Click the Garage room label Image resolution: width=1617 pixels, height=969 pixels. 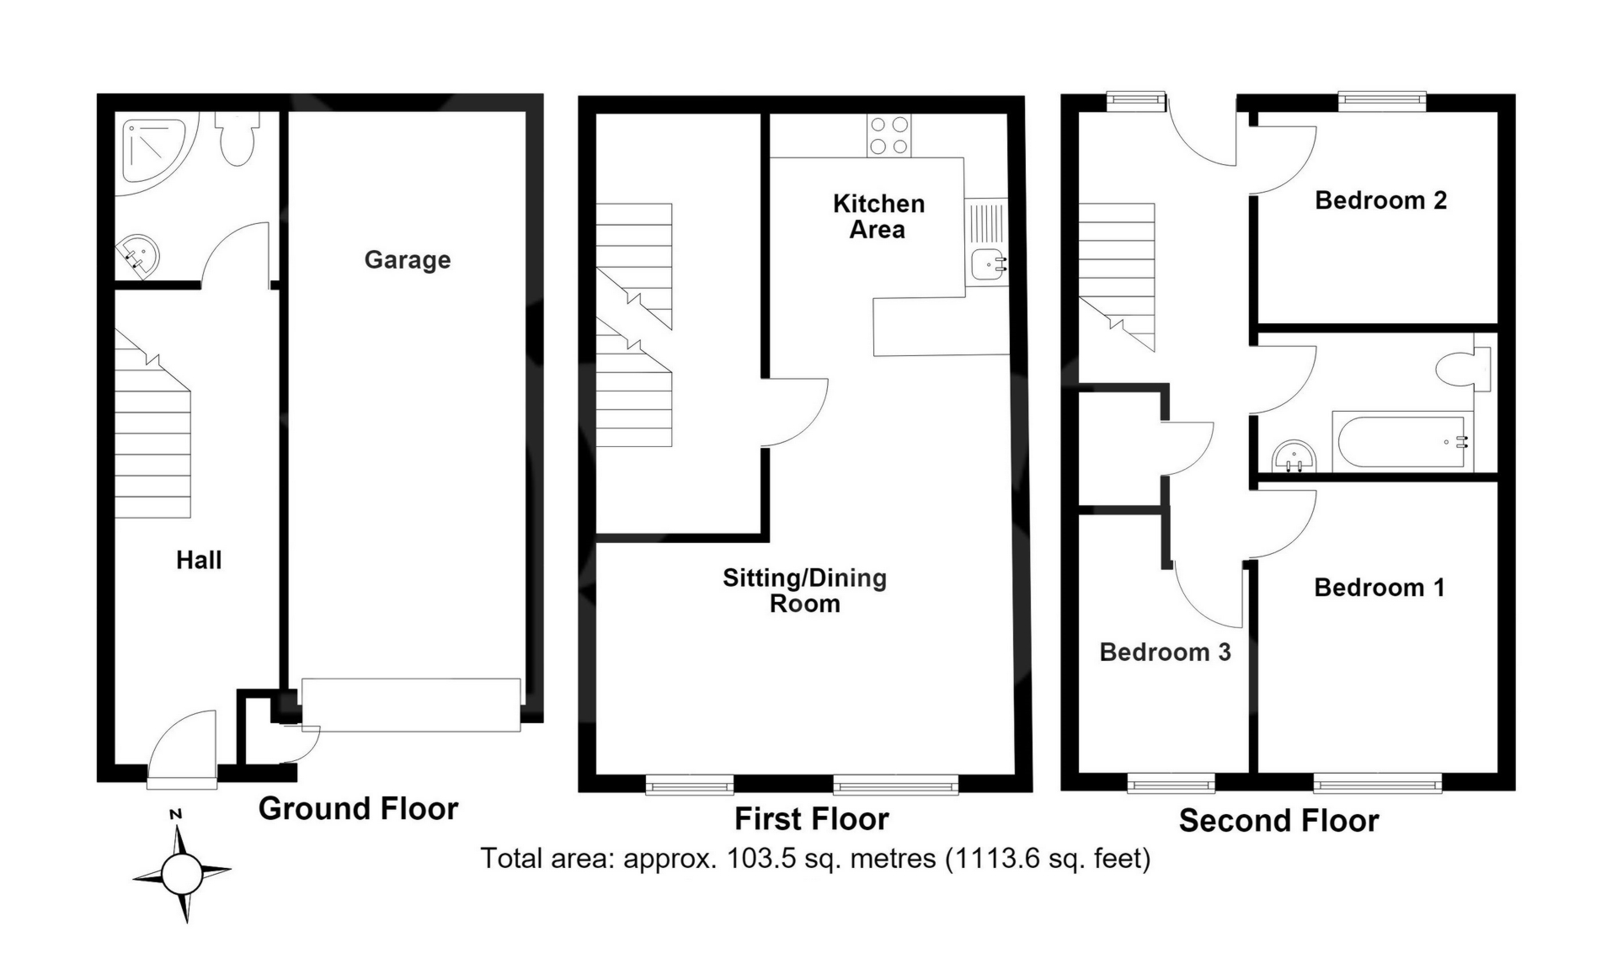[408, 260]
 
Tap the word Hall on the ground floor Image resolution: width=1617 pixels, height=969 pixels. [199, 560]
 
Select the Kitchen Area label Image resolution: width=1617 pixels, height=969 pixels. [878, 216]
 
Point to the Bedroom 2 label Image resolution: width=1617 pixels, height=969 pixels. [1380, 200]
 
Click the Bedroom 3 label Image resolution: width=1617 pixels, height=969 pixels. [1165, 652]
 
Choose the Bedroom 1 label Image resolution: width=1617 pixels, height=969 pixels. [1380, 588]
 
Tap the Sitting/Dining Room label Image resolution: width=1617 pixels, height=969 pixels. [805, 590]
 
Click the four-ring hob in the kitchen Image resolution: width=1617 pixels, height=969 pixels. [889, 136]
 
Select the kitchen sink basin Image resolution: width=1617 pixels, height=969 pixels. [987, 264]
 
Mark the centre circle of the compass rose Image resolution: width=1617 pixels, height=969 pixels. [181, 874]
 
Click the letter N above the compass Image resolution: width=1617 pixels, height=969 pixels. [176, 814]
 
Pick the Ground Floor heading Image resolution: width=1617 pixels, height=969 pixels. [358, 808]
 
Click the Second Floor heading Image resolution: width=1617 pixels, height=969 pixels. [1278, 820]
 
